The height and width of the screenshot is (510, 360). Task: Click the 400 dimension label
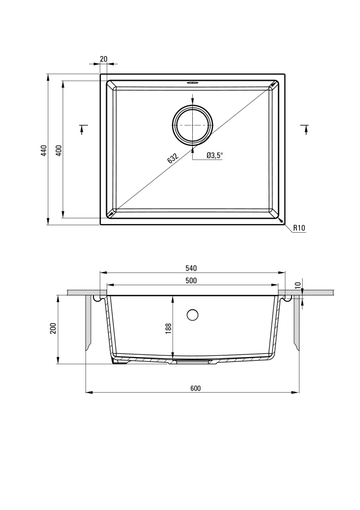click(x=59, y=150)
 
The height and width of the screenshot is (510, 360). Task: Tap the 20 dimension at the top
click(x=104, y=59)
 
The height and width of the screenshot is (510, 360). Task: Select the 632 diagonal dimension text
click(x=173, y=158)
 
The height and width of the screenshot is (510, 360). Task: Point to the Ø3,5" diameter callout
click(x=215, y=156)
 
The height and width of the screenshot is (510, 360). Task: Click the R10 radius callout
click(x=299, y=228)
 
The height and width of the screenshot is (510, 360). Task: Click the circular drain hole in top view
click(x=193, y=125)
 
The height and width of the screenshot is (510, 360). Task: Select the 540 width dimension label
click(x=191, y=268)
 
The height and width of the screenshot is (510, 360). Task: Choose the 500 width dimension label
click(x=191, y=280)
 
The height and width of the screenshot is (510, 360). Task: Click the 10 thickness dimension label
click(x=298, y=286)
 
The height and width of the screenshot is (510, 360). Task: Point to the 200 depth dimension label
click(x=53, y=328)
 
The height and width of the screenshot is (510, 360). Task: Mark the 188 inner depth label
click(x=168, y=328)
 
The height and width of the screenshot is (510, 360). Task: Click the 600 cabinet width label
click(x=195, y=388)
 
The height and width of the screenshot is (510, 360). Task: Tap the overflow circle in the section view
click(x=193, y=315)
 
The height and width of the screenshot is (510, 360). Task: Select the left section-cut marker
click(x=83, y=129)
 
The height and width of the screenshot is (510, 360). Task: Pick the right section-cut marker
click(x=305, y=129)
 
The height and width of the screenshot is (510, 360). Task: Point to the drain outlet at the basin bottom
click(x=191, y=361)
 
